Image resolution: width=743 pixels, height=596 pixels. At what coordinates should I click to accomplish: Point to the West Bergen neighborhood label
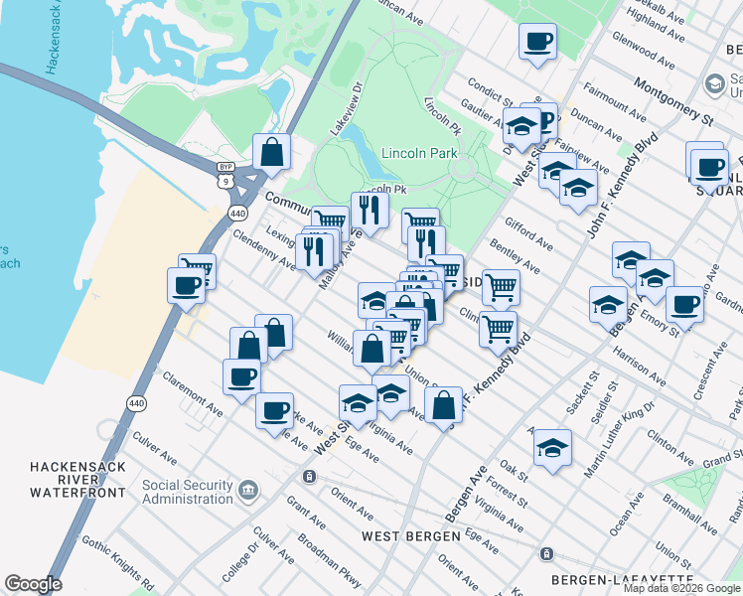click(410, 535)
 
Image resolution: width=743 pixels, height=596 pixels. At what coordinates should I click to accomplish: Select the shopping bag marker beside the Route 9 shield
click(271, 152)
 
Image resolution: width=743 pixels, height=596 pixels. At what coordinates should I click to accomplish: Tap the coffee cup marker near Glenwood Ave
click(537, 42)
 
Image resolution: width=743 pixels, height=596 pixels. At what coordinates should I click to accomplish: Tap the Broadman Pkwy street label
click(331, 555)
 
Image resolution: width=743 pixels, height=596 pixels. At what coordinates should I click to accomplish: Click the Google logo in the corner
click(33, 584)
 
